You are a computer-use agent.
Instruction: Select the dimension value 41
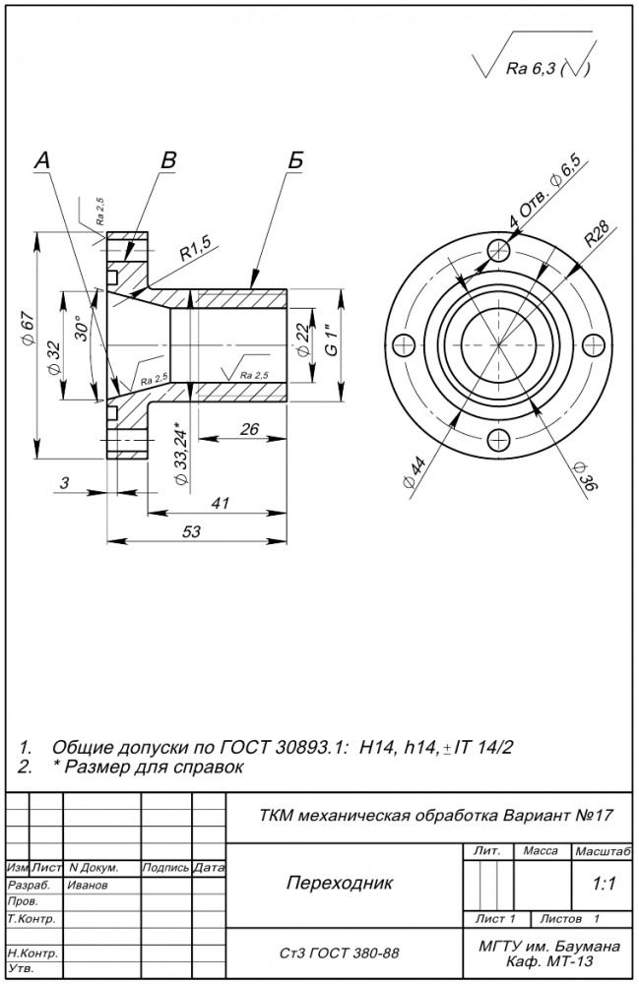[x=219, y=503]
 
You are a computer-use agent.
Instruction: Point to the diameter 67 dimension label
[x=27, y=330]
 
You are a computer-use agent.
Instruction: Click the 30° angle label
[x=81, y=326]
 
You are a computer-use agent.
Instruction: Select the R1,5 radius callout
[x=195, y=251]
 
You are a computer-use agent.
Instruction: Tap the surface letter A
[x=41, y=161]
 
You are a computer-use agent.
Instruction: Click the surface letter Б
[x=295, y=161]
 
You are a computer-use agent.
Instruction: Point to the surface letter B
[x=168, y=160]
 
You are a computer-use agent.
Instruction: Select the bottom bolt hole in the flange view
[x=499, y=440]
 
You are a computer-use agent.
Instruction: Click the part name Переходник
[x=339, y=883]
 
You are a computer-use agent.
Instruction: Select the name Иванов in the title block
[x=88, y=884]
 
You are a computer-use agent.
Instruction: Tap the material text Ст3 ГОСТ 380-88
[x=340, y=953]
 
